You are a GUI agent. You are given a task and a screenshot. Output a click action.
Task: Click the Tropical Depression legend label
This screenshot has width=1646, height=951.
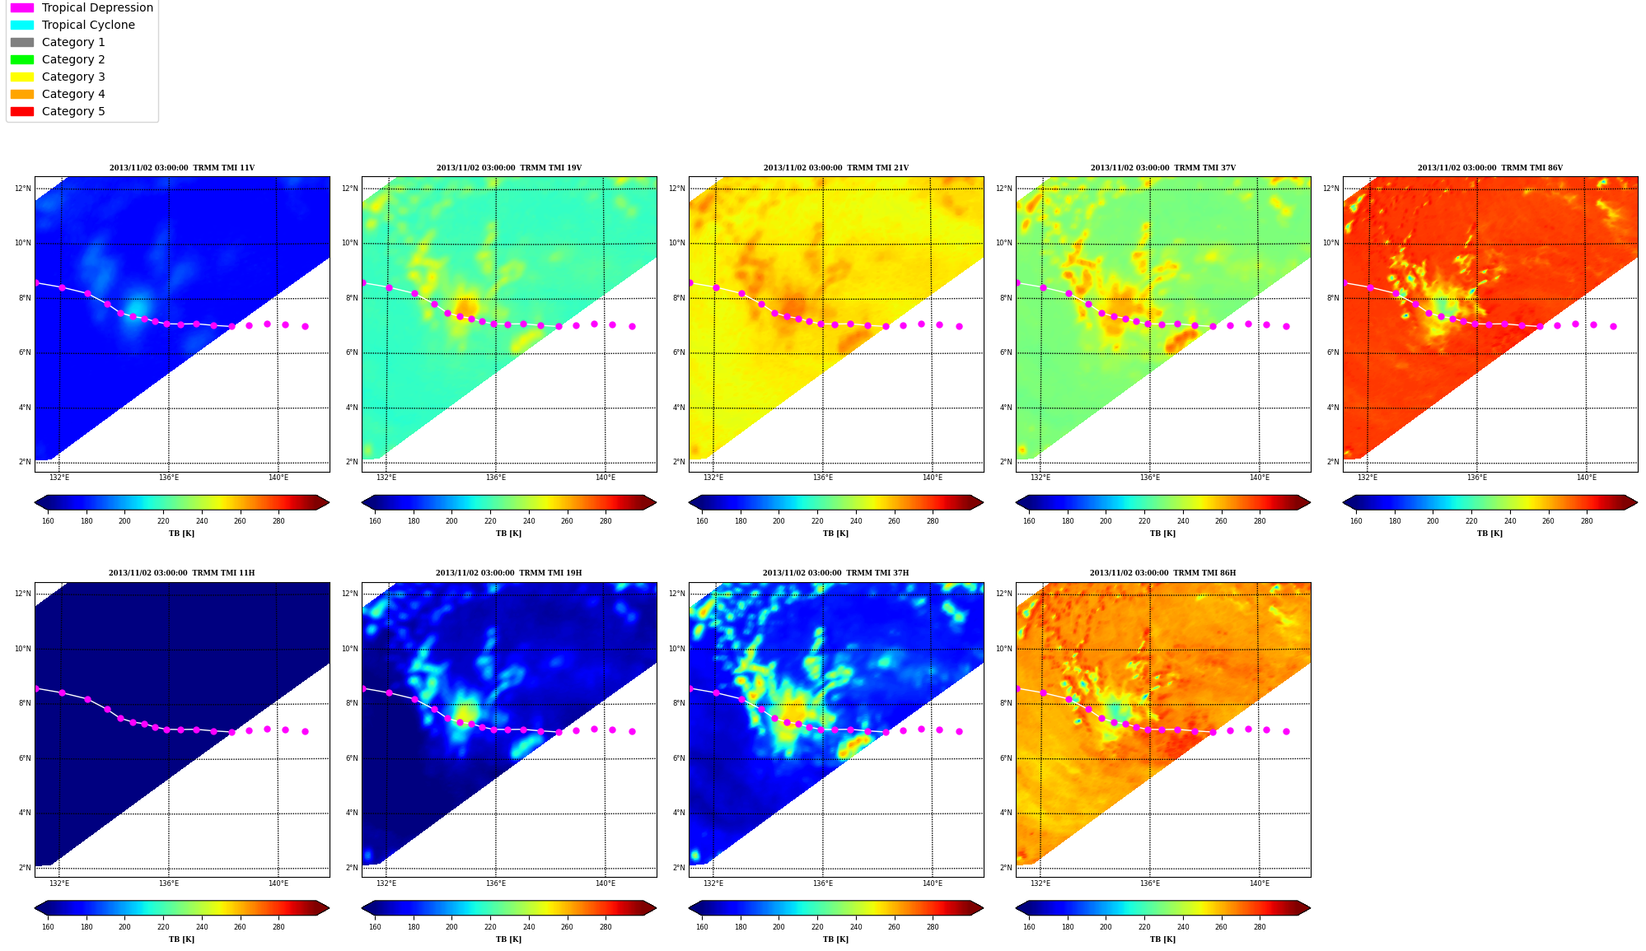coord(97,7)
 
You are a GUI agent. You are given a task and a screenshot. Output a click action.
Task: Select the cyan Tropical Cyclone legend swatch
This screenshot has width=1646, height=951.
coord(22,25)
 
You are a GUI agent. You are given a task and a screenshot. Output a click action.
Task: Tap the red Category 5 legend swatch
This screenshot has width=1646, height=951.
coord(22,111)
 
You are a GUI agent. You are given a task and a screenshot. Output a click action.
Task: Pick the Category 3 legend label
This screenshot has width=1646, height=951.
coord(73,77)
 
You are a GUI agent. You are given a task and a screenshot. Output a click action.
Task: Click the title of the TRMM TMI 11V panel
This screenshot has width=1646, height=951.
coord(182,168)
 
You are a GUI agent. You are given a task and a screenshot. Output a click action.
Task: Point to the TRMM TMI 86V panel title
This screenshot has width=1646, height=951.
coord(1490,168)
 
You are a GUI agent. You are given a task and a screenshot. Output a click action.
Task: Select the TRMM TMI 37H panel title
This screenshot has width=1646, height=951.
coord(836,573)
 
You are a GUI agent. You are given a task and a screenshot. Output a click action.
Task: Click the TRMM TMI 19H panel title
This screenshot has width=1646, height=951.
coord(509,573)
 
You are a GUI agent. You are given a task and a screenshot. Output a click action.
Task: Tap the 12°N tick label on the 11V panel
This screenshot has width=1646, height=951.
coord(23,189)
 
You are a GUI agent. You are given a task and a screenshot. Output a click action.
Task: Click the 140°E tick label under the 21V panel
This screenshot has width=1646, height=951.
coord(933,478)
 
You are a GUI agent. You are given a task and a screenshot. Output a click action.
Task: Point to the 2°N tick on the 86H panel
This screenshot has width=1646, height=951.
coord(1006,868)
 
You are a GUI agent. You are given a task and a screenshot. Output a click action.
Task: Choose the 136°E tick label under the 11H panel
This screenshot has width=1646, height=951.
coord(169,883)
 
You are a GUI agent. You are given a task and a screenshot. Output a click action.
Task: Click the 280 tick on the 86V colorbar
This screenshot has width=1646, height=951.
coord(1587,521)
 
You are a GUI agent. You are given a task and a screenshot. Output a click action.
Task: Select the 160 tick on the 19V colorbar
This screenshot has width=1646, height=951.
coord(375,521)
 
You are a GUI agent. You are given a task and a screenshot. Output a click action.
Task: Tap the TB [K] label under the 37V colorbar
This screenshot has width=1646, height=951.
coord(1163,534)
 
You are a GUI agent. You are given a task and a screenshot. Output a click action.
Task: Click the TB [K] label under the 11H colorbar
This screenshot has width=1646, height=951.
coord(182,939)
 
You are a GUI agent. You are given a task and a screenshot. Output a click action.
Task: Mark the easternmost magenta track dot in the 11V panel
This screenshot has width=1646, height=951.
coord(305,326)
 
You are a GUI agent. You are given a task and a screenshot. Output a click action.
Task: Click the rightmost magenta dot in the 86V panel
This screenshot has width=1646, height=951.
coord(1613,326)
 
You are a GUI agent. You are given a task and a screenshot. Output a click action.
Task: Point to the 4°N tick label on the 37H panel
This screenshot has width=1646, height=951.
coord(679,813)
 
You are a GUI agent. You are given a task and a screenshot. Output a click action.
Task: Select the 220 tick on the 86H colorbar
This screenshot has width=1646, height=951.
coord(1144,927)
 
